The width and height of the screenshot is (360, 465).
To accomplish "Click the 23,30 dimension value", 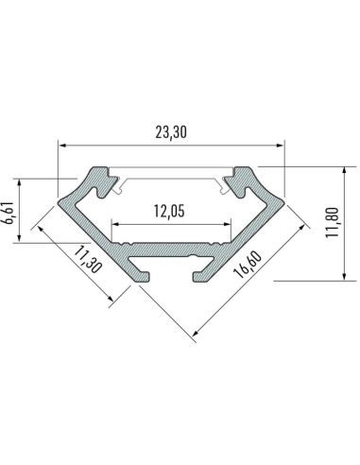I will (x=171, y=133).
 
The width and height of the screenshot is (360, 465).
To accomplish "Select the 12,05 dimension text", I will (x=171, y=211).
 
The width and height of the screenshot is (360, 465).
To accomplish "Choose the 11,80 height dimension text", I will (x=331, y=224).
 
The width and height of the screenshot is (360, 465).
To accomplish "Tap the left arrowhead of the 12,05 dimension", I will (x=116, y=224).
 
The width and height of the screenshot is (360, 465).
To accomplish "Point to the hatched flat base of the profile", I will (x=171, y=252).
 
